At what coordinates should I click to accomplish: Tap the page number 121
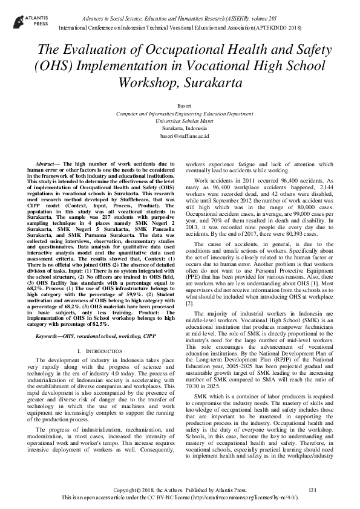312,489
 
